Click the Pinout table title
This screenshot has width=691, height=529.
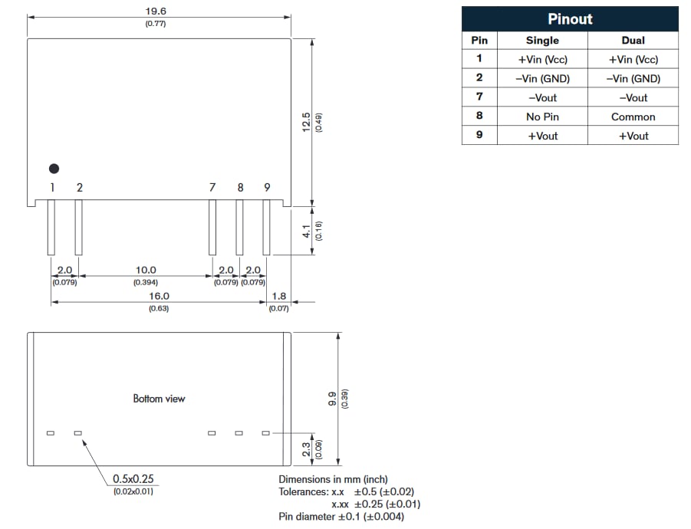[x=570, y=19]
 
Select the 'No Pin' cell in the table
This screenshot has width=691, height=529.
[x=542, y=117]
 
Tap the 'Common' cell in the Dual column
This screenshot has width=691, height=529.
[x=633, y=117]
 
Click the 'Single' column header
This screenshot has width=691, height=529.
[x=542, y=40]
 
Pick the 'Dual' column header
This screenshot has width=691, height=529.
[x=633, y=40]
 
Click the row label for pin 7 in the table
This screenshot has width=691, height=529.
[x=479, y=97]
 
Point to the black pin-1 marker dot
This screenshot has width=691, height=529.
[x=54, y=169]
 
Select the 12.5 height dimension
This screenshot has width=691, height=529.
[x=306, y=123]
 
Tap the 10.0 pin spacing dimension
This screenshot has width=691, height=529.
[x=146, y=270]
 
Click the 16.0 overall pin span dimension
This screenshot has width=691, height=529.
[x=159, y=295]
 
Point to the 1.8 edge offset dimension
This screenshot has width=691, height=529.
[x=278, y=295]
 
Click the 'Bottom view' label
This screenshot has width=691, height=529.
[x=159, y=399]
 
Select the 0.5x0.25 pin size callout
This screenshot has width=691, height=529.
[x=133, y=478]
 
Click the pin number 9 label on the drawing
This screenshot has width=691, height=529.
[x=267, y=187]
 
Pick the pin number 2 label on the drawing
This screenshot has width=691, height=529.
[x=80, y=187]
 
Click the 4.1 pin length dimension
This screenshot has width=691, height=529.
[x=306, y=230]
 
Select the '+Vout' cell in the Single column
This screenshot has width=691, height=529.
[x=542, y=136]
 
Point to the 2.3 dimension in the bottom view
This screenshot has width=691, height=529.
[x=306, y=449]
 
